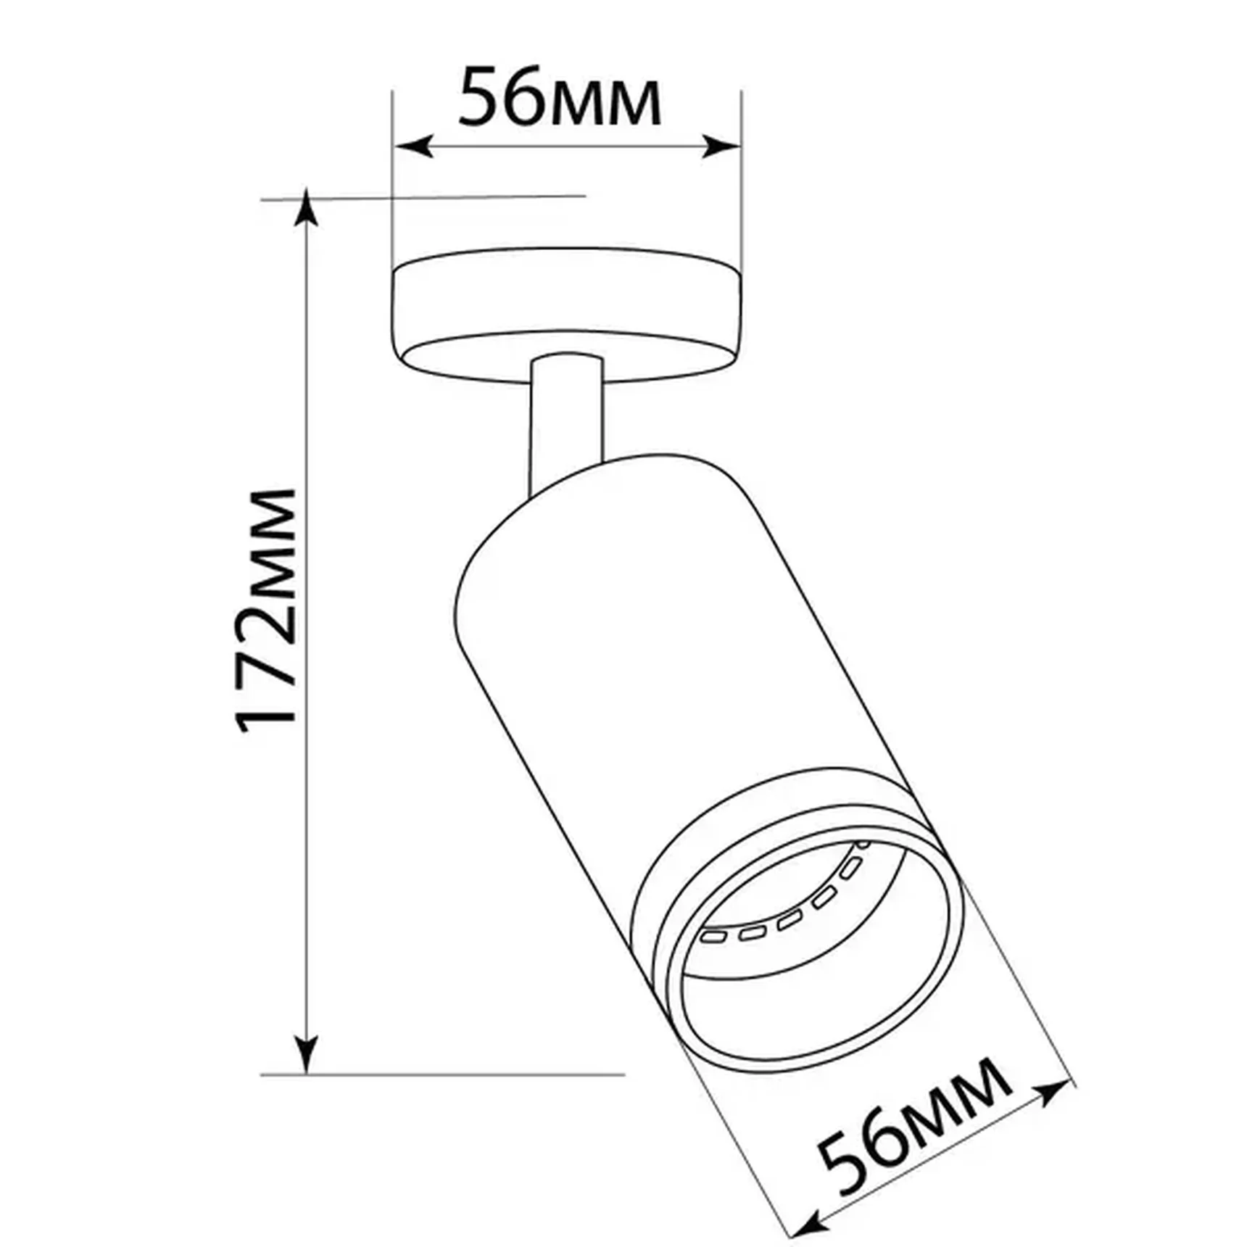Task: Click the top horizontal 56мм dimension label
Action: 560,97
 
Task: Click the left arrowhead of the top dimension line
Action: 413,146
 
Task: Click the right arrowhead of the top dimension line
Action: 722,146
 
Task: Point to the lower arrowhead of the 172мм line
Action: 308,1055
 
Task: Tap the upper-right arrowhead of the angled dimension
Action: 1056,1091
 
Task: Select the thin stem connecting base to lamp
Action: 566,420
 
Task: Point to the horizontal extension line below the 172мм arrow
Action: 442,1074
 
